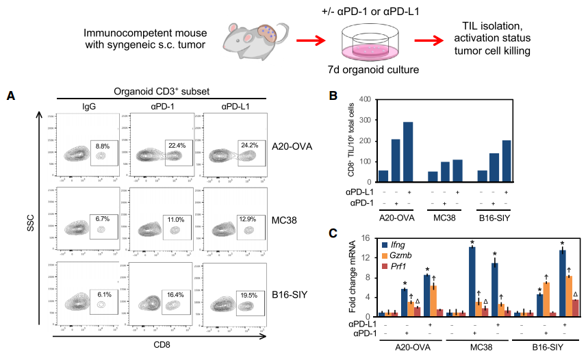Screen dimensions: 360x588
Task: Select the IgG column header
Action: tap(89, 107)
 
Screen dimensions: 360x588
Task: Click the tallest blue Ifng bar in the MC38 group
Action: tap(472, 281)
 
